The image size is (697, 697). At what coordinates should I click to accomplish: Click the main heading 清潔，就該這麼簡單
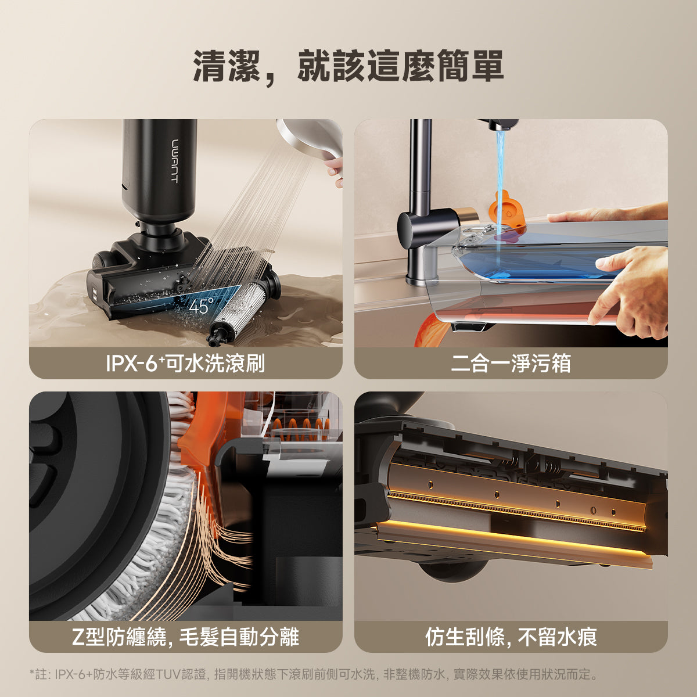point(348,66)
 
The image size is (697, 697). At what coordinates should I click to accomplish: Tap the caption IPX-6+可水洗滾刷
point(185,364)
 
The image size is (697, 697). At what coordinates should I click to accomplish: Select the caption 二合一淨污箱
point(511,364)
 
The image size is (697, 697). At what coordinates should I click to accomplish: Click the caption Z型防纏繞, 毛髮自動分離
point(185,637)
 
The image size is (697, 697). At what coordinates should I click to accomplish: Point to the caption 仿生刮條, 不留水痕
point(511,637)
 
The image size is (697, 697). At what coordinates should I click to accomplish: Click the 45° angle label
point(201,306)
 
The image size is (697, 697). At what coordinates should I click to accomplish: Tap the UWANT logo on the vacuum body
point(174,160)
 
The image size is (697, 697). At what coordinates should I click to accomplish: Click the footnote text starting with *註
point(314,674)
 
